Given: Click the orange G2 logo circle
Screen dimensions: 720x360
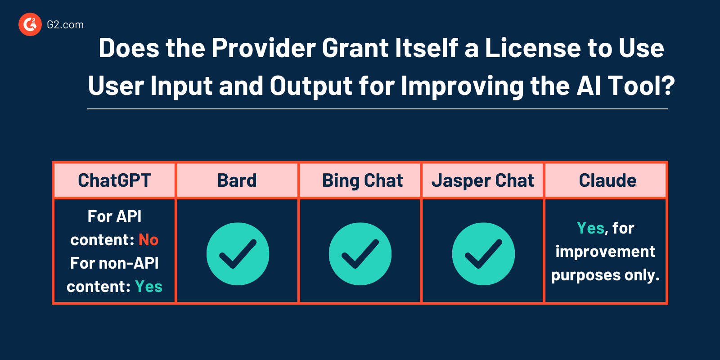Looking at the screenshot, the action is click(30, 24).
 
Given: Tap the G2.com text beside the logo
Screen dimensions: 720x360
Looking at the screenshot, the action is click(65, 25).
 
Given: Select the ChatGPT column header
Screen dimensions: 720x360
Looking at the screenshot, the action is click(114, 180).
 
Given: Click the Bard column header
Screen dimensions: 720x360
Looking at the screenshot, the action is click(237, 180).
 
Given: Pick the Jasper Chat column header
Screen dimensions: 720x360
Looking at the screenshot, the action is click(483, 180).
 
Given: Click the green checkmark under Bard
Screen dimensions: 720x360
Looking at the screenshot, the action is click(238, 254).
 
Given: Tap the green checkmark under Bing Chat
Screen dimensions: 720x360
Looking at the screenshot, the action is click(360, 254).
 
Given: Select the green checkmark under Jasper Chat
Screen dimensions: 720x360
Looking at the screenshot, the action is click(483, 254).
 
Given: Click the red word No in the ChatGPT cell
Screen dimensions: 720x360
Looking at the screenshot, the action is click(148, 240).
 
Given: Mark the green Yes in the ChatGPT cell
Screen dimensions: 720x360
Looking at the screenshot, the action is click(149, 286).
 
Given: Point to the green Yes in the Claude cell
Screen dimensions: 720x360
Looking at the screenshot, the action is click(591, 228).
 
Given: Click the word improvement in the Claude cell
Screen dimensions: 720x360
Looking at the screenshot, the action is click(605, 252).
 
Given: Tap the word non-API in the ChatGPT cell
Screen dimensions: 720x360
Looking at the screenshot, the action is click(129, 263).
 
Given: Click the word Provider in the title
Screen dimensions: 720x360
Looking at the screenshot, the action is click(264, 48).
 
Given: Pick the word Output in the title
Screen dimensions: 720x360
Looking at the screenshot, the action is click(311, 86).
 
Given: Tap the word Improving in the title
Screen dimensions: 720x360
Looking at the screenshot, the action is click(463, 86).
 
